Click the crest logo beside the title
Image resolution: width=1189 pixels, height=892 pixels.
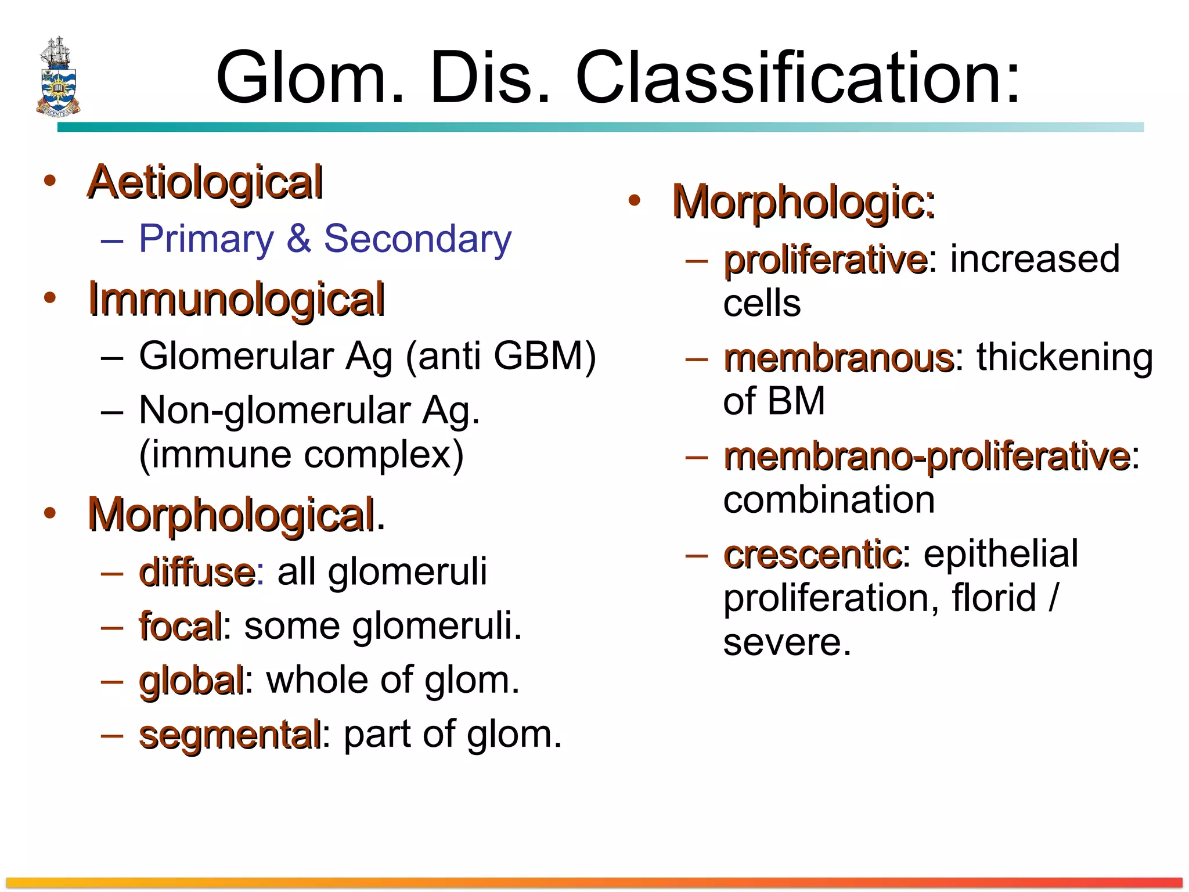(x=57, y=76)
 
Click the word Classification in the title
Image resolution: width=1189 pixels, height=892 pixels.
(x=797, y=78)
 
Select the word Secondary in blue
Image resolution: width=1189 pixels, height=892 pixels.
(x=417, y=239)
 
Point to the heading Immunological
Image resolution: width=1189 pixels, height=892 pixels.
(x=236, y=299)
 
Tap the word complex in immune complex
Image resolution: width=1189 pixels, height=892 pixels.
(x=383, y=454)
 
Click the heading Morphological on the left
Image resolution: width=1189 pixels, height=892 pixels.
(x=230, y=515)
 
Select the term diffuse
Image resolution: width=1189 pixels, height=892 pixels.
(x=197, y=572)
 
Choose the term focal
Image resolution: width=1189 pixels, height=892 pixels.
(x=180, y=626)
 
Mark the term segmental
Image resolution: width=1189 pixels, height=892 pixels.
(x=229, y=735)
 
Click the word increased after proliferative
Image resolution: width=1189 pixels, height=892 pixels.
(x=1035, y=259)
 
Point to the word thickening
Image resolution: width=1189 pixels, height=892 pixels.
(x=1064, y=357)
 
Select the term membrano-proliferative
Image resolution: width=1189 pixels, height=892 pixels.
(x=927, y=456)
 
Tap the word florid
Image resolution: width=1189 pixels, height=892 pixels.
(x=994, y=598)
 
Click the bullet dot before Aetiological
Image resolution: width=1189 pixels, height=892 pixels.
(x=50, y=181)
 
